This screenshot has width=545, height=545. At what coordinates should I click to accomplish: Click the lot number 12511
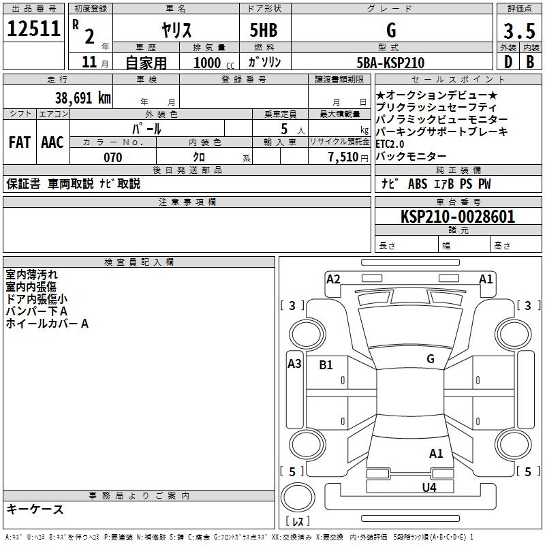[x=33, y=29]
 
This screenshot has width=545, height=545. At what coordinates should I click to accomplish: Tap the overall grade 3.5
[x=519, y=31]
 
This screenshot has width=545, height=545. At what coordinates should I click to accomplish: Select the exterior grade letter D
[x=508, y=62]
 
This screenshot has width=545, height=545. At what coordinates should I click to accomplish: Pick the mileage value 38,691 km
[x=82, y=97]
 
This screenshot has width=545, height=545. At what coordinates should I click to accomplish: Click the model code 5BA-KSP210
[x=390, y=63]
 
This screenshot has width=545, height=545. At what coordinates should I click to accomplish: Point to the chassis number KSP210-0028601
[x=458, y=217]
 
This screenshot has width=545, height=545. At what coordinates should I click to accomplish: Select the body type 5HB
[x=264, y=30]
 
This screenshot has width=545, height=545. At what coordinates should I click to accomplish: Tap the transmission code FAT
[x=19, y=142]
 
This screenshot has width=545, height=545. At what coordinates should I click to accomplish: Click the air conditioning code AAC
[x=52, y=142]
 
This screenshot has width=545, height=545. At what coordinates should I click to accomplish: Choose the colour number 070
[x=113, y=157]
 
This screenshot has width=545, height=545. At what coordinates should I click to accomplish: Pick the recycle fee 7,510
[x=343, y=157]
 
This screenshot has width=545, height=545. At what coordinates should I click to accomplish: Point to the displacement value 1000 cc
[x=214, y=63]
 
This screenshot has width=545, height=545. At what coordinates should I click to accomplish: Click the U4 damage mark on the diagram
[x=429, y=487]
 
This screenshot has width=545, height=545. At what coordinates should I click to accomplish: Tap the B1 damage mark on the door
[x=326, y=364]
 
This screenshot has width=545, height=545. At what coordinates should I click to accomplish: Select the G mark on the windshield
[x=431, y=358]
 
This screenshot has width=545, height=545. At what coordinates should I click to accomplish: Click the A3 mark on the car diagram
[x=294, y=364]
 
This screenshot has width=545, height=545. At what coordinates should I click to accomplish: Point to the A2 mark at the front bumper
[x=333, y=279]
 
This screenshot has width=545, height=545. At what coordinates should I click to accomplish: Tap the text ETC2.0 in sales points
[x=390, y=144]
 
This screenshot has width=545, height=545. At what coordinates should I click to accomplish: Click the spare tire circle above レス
[x=298, y=497]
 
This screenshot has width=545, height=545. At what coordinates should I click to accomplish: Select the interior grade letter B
[x=530, y=62]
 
